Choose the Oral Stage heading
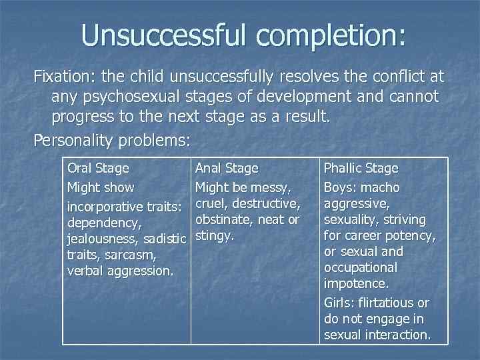pyautogui.click(x=98, y=169)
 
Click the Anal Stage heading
pyautogui.click(x=226, y=169)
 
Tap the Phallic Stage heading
pyautogui.click(x=361, y=169)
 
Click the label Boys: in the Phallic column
pyautogui.click(x=341, y=187)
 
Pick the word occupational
pyautogui.click(x=361, y=267)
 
